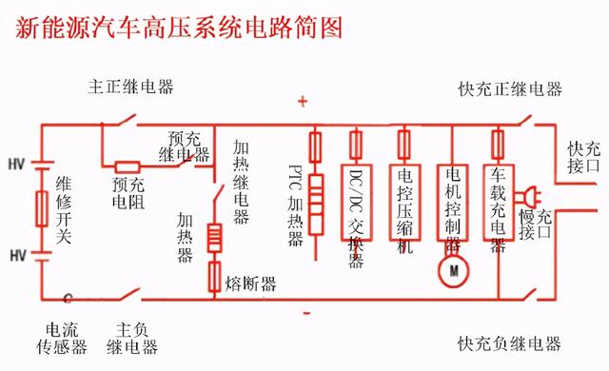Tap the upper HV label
click(16, 163)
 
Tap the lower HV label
click(16, 256)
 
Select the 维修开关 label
click(64, 209)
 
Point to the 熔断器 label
click(251, 283)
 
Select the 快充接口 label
click(584, 163)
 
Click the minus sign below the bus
click(305, 312)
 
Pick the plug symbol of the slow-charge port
click(526, 198)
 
